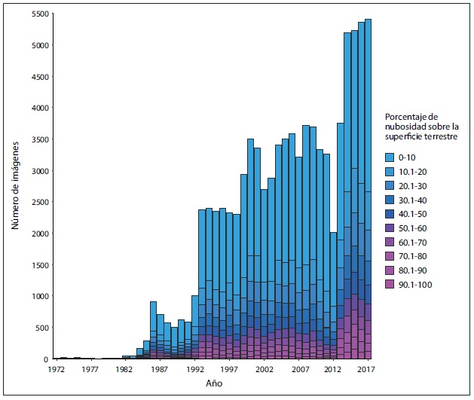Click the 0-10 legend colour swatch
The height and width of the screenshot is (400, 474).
tap(390, 157)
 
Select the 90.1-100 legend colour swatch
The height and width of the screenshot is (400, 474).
tap(390, 284)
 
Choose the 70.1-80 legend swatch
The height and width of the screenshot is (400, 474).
tap(390, 256)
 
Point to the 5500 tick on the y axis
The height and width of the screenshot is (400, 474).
tap(40, 14)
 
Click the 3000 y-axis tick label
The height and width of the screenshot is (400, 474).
tap(40, 171)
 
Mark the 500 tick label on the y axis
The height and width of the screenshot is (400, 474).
tap(43, 328)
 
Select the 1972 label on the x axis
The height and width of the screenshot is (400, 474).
tap(55, 370)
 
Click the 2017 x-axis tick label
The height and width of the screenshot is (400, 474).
tap(367, 370)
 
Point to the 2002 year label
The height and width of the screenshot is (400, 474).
tap(263, 370)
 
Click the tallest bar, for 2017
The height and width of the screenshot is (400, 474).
tap(368, 188)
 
